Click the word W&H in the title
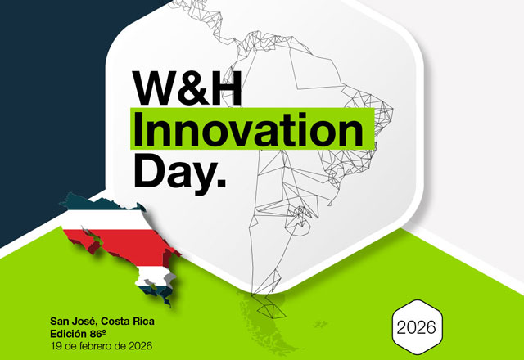186,88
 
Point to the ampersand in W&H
191,88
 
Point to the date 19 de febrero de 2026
99,345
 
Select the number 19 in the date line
56,345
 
